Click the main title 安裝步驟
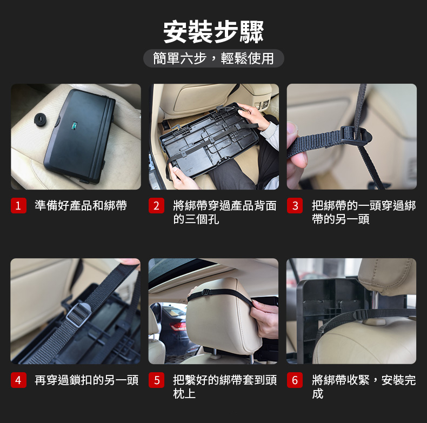coord(213,32)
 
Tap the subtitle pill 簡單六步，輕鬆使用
coord(213,58)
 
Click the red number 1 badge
coord(18,205)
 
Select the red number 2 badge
coord(156,205)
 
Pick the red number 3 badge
coord(295,205)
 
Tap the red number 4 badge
coord(18,380)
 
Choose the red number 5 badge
coord(156,380)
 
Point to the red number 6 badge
coord(295,380)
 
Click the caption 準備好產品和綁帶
coord(81,205)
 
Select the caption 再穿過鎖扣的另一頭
coord(86,380)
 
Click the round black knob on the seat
coord(42,119)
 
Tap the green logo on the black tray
coord(74,125)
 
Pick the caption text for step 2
coord(225,212)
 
